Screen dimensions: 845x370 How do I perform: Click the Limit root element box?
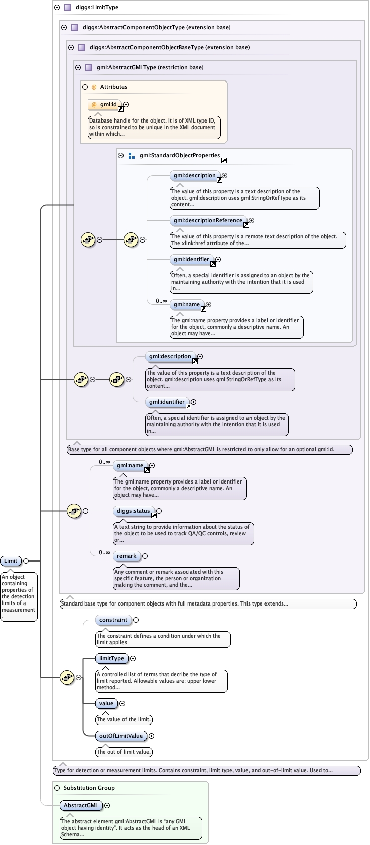(x=11, y=561)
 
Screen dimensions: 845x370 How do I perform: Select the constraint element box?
(x=113, y=620)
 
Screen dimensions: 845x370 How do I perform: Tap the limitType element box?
(x=111, y=658)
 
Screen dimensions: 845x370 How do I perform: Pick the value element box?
(x=106, y=703)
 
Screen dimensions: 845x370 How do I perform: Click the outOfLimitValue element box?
(x=120, y=736)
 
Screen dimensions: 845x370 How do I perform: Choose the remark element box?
(x=127, y=556)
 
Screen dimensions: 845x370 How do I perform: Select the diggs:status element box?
(x=133, y=511)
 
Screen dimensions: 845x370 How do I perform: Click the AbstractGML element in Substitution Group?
(x=81, y=805)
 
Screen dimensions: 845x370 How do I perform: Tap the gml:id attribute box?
(x=108, y=105)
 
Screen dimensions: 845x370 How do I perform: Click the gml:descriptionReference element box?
(x=208, y=220)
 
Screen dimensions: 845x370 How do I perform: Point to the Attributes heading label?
(x=113, y=87)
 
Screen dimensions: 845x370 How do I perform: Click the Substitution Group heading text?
(x=89, y=788)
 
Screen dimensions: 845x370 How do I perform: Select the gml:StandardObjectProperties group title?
(x=180, y=155)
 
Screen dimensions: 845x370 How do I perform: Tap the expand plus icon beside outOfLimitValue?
(x=151, y=736)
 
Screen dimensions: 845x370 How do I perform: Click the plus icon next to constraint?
(x=136, y=620)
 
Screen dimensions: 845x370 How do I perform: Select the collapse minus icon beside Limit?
(x=26, y=561)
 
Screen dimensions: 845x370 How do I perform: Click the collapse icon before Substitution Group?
(x=57, y=788)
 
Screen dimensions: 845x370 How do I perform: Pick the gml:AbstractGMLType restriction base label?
(x=150, y=67)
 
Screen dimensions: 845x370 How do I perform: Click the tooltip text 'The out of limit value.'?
(x=124, y=752)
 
